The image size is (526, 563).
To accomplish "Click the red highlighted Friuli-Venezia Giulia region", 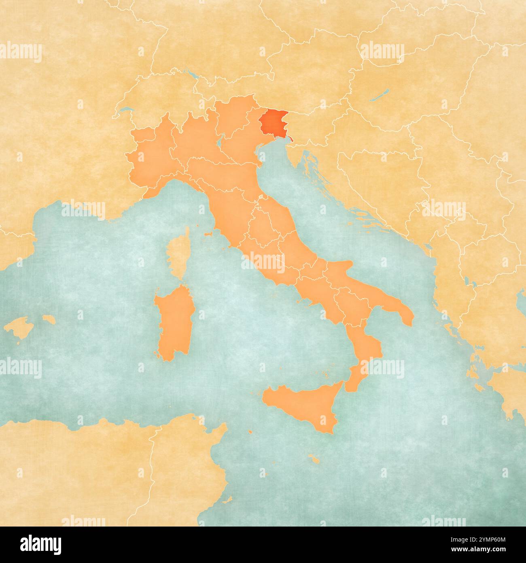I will (x=272, y=122).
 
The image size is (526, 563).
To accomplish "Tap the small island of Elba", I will (x=209, y=234).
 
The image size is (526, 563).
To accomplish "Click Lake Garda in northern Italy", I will (x=220, y=140).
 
